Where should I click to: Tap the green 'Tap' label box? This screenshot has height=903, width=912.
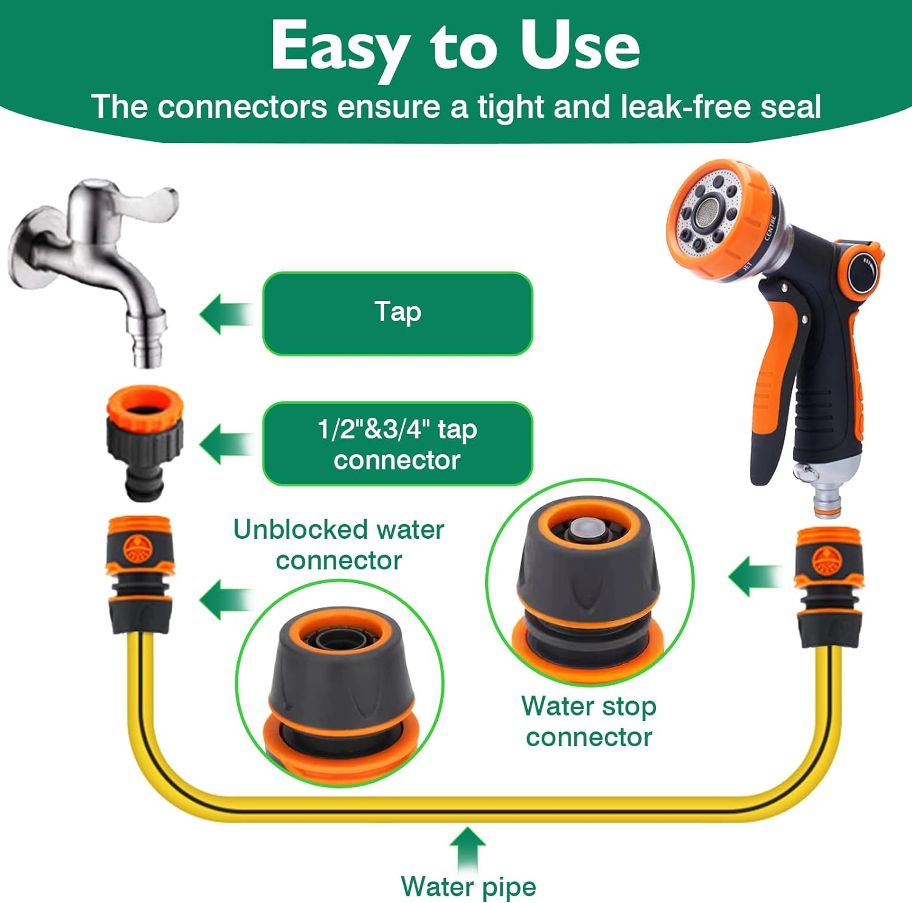(x=398, y=313)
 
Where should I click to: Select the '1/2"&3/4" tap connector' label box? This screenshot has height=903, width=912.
(x=398, y=444)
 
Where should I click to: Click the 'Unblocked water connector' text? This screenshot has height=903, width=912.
(x=339, y=545)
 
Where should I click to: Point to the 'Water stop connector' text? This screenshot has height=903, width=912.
(x=589, y=721)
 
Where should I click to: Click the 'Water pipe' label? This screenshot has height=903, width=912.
(x=468, y=886)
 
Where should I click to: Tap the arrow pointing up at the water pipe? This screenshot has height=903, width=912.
(x=468, y=848)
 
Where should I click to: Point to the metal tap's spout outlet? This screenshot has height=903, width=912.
(x=146, y=347)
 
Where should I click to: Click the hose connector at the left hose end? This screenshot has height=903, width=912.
(x=140, y=575)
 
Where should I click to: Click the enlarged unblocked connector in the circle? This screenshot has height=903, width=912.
(x=340, y=687)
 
